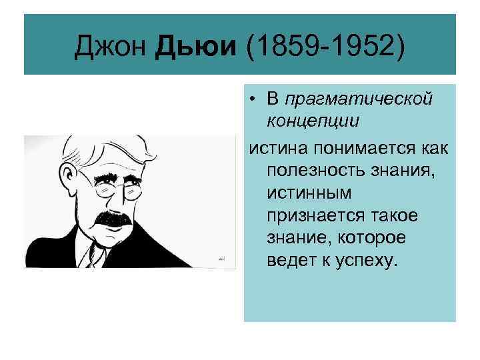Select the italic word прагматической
(x=359, y=100)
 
